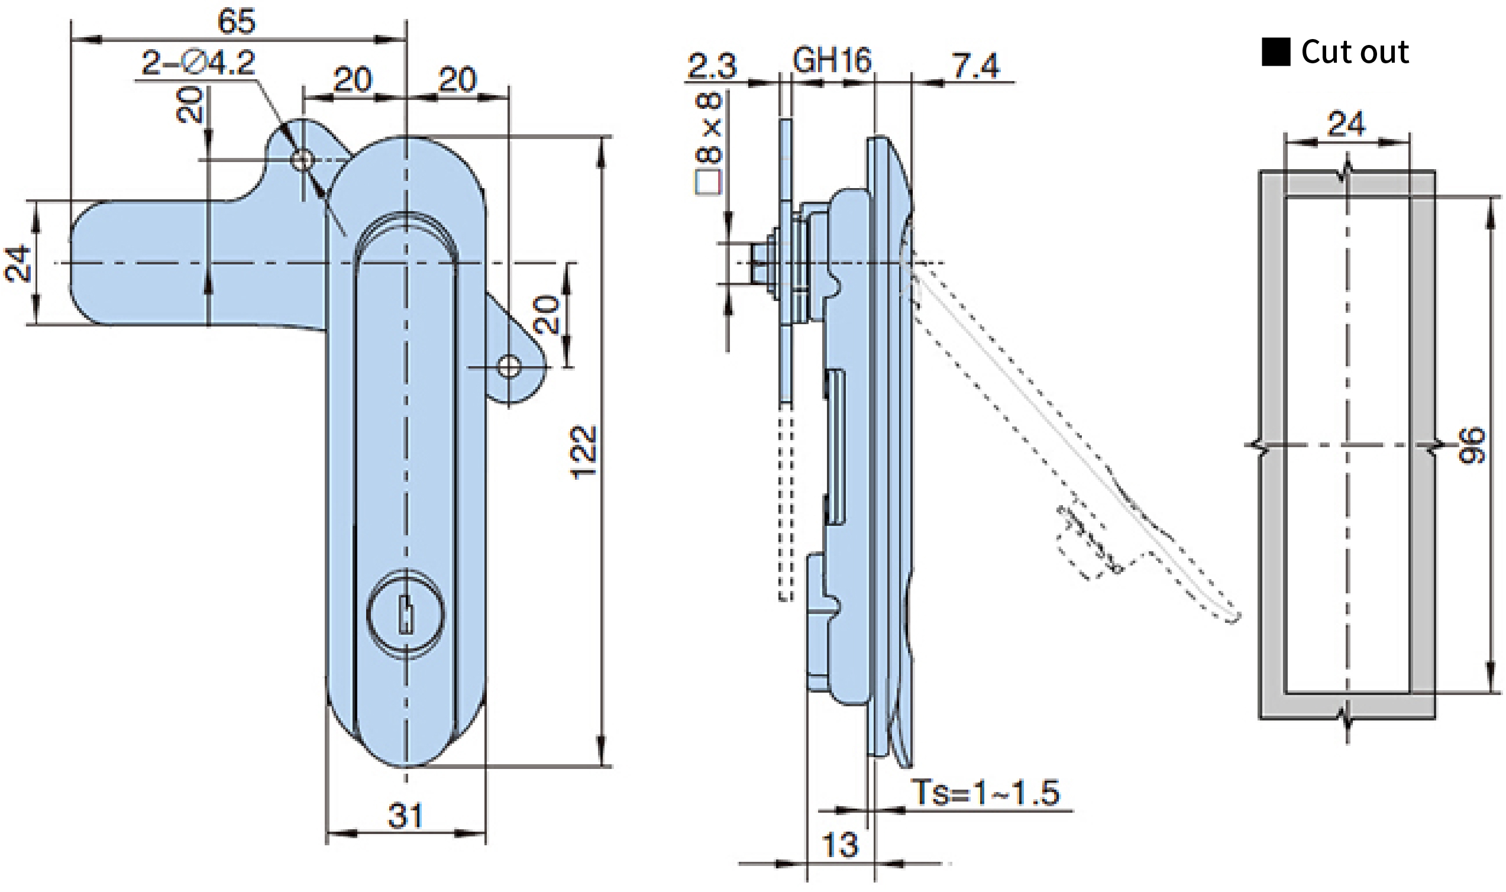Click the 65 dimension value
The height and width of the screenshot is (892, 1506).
(236, 22)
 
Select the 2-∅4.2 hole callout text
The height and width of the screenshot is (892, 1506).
(198, 63)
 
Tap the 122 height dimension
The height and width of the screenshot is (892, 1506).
(583, 452)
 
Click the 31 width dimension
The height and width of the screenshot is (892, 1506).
(406, 816)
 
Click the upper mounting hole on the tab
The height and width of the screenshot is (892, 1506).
(302, 160)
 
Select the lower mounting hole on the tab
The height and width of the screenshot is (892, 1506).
(509, 367)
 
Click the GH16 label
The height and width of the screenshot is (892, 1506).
(832, 61)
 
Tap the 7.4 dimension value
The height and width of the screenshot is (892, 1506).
(975, 66)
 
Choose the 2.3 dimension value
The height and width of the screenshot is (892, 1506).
(712, 66)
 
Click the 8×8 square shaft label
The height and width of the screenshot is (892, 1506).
(709, 143)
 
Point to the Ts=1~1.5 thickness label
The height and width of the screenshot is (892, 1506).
(985, 791)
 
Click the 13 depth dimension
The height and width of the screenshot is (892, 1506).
(839, 845)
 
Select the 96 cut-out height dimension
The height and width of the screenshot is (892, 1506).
(1472, 445)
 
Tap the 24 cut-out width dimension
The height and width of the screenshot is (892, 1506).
(1346, 124)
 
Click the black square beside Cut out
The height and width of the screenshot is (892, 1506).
(1276, 51)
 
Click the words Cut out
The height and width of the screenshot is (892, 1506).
(1355, 51)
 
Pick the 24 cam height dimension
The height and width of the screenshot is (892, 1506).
(17, 263)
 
